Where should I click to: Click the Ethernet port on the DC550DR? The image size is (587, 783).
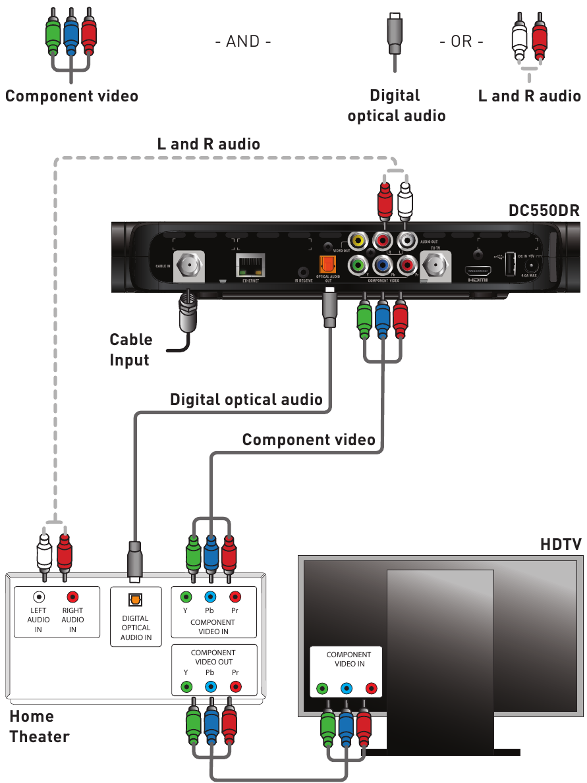pos(250,264)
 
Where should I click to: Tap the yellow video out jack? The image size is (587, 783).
pos(358,241)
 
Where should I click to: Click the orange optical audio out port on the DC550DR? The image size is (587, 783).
pos(327,264)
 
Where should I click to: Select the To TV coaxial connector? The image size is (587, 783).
pos(435,265)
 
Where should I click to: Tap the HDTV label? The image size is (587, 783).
pos(561,544)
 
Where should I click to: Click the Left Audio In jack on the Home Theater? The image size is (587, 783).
pos(40,597)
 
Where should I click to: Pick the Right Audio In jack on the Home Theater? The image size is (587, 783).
pos(72,597)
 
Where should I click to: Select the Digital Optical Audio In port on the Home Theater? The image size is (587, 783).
pos(136,601)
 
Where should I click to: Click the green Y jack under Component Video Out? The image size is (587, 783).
pos(186,687)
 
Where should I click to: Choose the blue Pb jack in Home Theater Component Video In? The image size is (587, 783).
pos(210,597)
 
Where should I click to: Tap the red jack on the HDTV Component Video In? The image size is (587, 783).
pos(371,689)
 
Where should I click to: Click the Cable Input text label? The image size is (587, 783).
pos(130,350)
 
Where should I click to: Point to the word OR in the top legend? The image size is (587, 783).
pos(461,41)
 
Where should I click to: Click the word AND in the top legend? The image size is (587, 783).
pos(243,41)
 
